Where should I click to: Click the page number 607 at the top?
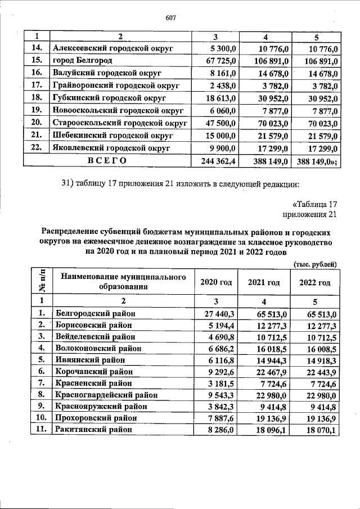(x=172, y=17)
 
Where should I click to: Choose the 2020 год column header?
(x=216, y=282)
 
